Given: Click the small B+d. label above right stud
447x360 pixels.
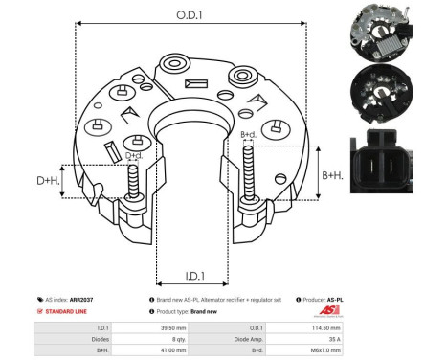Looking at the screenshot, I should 248,134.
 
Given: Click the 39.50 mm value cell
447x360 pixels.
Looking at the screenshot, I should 173,326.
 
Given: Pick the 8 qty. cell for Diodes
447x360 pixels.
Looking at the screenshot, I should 173,337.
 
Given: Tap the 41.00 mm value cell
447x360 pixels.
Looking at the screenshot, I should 173,349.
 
